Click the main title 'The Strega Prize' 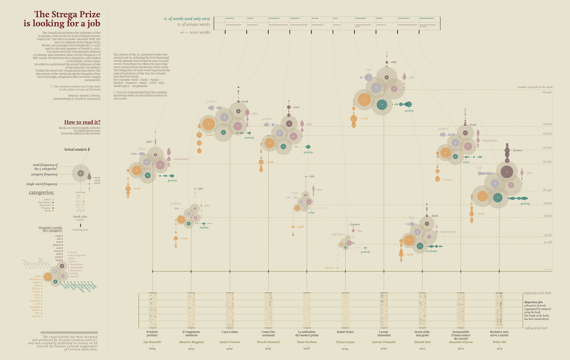pyautogui.click(x=67, y=14)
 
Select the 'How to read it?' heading pyautogui.click(x=82, y=122)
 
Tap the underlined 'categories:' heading pyautogui.click(x=41, y=193)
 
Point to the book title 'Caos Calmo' pyautogui.click(x=230, y=332)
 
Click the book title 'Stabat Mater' pyautogui.click(x=345, y=332)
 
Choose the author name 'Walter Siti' pyautogui.click(x=499, y=342)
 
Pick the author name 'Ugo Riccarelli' pyautogui.click(x=152, y=342)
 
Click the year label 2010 pyautogui.click(x=384, y=349)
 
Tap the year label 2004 pyautogui.click(x=152, y=349)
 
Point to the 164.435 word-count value pyautogui.click(x=547, y=92)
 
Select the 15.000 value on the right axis pyautogui.click(x=548, y=270)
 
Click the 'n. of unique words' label pyautogui.click(x=194, y=25)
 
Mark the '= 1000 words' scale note pyautogui.click(x=199, y=32)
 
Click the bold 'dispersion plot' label pyautogui.click(x=533, y=302)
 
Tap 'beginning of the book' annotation pyautogui.click(x=538, y=293)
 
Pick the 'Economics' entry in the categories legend pyautogui.click(x=45, y=203)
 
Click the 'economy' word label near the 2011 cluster pyautogui.click(x=431, y=251)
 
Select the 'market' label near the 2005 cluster pyautogui.click(x=204, y=228)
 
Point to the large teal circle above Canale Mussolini pyautogui.click(x=382, y=105)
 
